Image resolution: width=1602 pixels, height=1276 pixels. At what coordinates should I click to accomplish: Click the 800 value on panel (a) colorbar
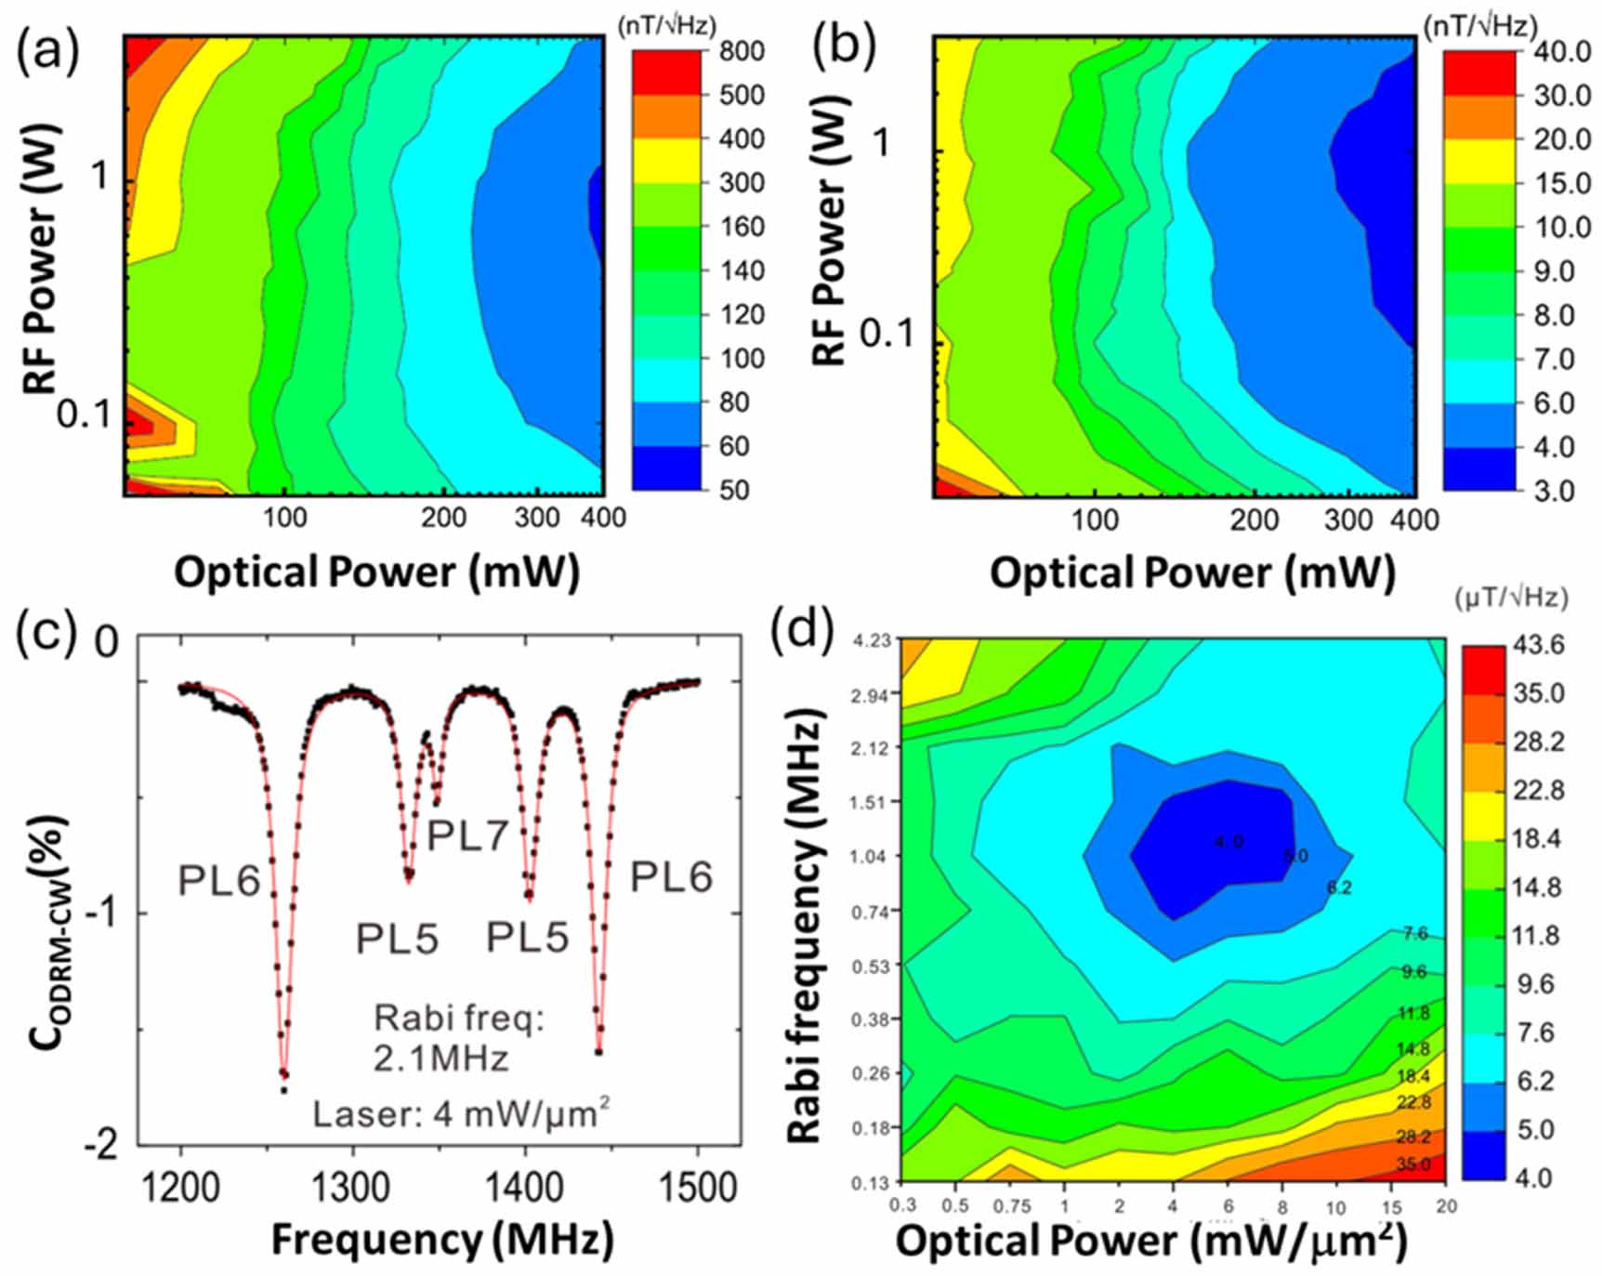point(742,50)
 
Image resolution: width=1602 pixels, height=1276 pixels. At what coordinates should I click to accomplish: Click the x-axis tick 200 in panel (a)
point(443,517)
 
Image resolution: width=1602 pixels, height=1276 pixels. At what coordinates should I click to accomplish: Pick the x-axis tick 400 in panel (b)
point(1413,520)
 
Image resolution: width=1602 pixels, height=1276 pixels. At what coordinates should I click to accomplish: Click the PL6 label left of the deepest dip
point(219,879)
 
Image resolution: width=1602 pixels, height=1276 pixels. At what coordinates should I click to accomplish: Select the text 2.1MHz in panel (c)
point(440,1058)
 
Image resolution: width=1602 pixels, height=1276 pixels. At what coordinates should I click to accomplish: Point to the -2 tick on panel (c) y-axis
point(102,1145)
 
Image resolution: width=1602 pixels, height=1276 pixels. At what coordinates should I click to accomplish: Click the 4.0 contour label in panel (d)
point(1228,842)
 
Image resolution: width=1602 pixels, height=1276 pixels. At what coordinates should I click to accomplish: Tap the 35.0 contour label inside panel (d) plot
point(1412,1164)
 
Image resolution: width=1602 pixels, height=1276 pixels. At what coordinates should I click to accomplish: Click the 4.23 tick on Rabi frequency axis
point(871,640)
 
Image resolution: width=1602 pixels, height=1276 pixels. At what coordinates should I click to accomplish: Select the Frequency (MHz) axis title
point(442,1239)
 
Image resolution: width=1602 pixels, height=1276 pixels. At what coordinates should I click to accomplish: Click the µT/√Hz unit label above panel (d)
point(1511,598)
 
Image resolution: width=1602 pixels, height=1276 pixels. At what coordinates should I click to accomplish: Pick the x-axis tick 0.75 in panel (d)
point(1011,1206)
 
